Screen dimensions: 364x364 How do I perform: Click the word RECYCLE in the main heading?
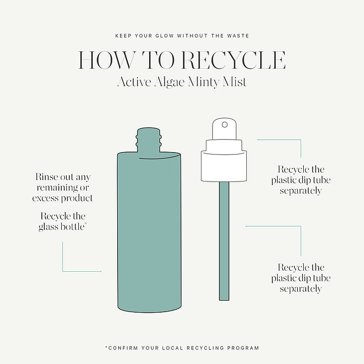[x=233, y=60]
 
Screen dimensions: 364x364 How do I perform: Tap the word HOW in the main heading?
[x=106, y=60]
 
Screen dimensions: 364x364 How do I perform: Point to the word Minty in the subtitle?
[x=203, y=82]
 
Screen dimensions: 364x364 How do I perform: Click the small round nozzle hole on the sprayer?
[x=224, y=125]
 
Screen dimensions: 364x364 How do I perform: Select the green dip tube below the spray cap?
[x=224, y=241]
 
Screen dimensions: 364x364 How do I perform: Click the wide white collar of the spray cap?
[x=224, y=166]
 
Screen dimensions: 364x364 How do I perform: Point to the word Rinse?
[x=46, y=177]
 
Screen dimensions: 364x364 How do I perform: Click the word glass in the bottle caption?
[x=48, y=227]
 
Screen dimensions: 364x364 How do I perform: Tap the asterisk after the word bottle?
[x=86, y=223]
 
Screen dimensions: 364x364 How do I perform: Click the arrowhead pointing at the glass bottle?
[x=101, y=271]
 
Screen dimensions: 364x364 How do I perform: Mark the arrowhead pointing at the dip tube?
[x=246, y=226]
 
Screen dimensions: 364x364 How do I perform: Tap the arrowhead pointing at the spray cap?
[x=258, y=140]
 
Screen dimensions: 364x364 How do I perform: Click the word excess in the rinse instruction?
[x=45, y=198]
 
